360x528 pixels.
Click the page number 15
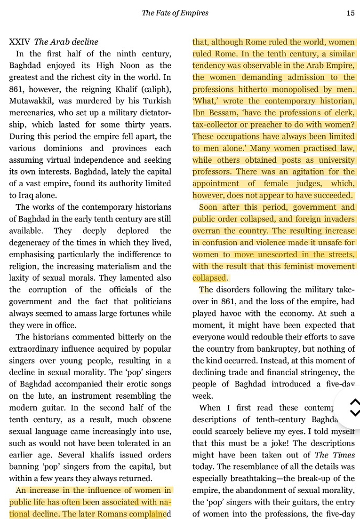[350, 13]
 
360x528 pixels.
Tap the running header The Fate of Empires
[175, 13]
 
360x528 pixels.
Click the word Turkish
[156, 101]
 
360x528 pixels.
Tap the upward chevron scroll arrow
[355, 401]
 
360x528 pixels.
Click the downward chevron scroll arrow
[355, 413]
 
